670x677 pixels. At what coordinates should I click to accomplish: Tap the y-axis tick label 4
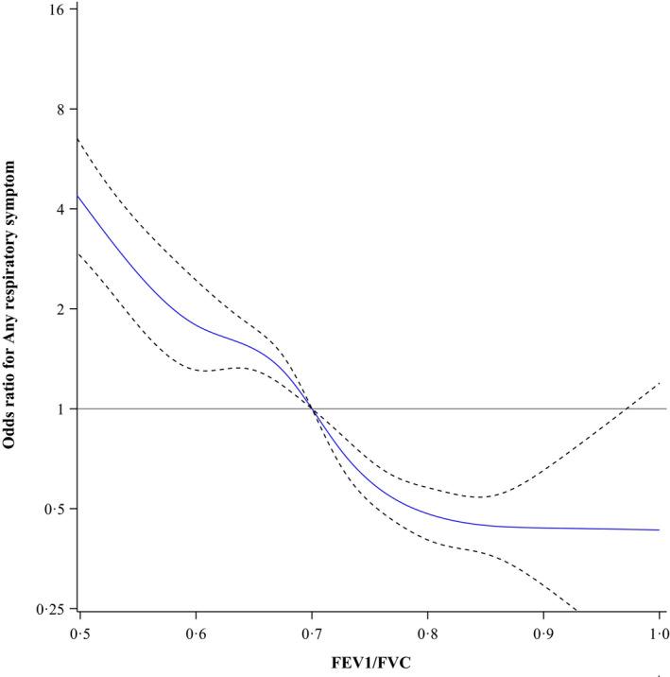pyautogui.click(x=61, y=209)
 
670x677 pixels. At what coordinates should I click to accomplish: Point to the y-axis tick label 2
pyautogui.click(x=61, y=309)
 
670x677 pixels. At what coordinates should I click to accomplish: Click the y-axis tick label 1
pyautogui.click(x=61, y=409)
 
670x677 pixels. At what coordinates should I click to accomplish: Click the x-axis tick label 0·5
pyautogui.click(x=79, y=631)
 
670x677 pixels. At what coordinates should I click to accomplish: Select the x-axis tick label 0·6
pyautogui.click(x=196, y=631)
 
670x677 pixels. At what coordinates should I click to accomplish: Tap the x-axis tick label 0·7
pyautogui.click(x=311, y=631)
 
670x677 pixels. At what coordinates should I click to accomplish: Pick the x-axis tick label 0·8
pyautogui.click(x=427, y=631)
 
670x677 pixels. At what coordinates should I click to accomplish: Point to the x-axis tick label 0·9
pyautogui.click(x=542, y=631)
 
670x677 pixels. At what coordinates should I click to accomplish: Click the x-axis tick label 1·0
pyautogui.click(x=659, y=631)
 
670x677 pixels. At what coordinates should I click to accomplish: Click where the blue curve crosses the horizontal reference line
pyautogui.click(x=312, y=408)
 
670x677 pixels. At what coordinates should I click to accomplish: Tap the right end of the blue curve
pyautogui.click(x=659, y=529)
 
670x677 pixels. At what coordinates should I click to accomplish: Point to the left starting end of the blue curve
pyautogui.click(x=78, y=196)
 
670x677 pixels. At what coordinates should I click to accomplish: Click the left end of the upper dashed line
pyautogui.click(x=78, y=139)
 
